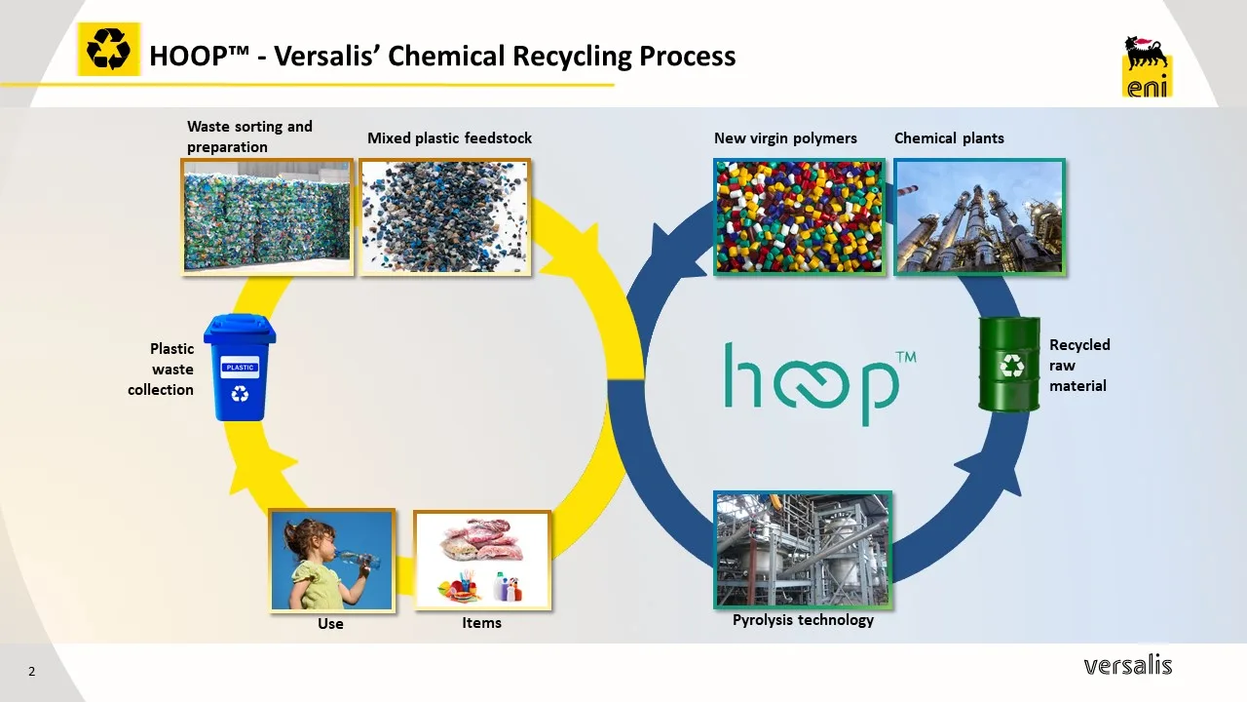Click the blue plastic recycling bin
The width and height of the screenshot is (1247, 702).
(240, 368)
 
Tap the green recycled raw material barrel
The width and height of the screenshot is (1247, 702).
(1009, 364)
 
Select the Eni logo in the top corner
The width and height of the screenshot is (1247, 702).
(1147, 66)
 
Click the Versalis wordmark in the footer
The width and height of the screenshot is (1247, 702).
(1127, 666)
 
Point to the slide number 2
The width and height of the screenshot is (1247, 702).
(31, 671)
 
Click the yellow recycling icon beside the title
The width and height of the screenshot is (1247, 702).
(108, 49)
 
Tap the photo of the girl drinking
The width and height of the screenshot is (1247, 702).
(332, 561)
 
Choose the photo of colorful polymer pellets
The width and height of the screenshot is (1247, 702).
(799, 216)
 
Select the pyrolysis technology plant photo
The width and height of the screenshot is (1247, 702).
(802, 549)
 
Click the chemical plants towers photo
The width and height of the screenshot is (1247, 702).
(979, 216)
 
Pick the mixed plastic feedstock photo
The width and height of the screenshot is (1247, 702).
(445, 216)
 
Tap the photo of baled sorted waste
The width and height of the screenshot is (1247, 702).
(267, 216)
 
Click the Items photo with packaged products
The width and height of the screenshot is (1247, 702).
(482, 561)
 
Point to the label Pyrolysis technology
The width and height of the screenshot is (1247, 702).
(803, 620)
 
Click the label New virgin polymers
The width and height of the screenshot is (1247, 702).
(785, 138)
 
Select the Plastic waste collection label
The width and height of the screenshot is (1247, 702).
(162, 369)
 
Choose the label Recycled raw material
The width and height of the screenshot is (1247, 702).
(1078, 365)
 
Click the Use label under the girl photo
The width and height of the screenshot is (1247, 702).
(330, 624)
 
